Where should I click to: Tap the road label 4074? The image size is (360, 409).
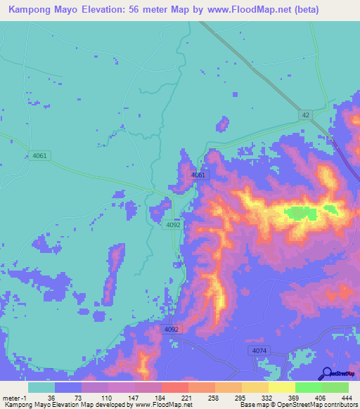point(259,350)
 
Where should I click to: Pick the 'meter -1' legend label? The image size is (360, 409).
point(13,397)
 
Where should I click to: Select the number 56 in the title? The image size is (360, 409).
point(151,10)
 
